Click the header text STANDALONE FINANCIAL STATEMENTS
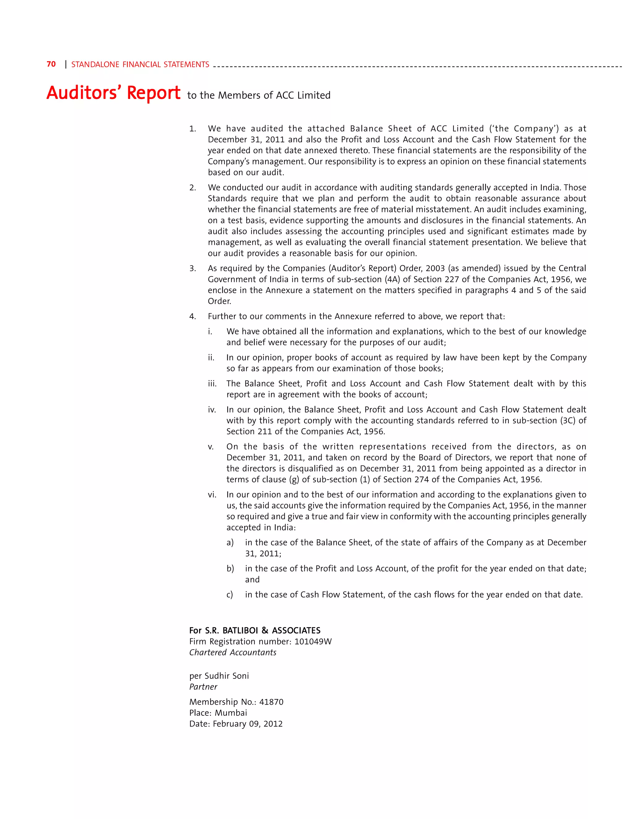pos(140,65)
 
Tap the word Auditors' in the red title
pos(84,93)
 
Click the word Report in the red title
pos(153,93)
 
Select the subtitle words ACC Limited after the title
pos(303,95)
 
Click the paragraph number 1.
pos(192,129)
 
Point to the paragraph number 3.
pos(192,269)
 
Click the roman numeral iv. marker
pos(212,410)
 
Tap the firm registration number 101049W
pos(313,642)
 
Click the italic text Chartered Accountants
pos(232,652)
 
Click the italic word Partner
pos(203,687)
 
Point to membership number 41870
pos(271,702)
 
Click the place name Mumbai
pos(231,713)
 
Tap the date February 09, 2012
pos(248,724)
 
